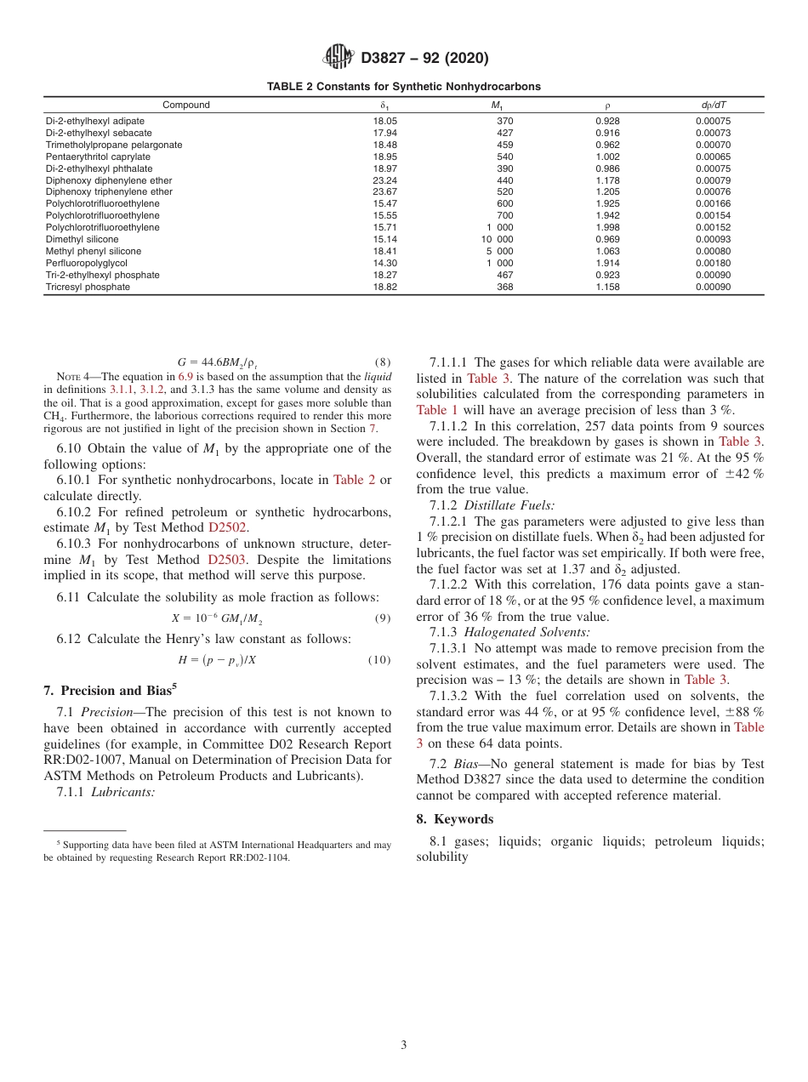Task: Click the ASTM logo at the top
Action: [339, 58]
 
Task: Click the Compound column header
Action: [186, 105]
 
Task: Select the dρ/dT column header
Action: [713, 105]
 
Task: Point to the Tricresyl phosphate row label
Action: [88, 288]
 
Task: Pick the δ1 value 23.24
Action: [385, 180]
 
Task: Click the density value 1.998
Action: [607, 228]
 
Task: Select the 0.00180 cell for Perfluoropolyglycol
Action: [713, 264]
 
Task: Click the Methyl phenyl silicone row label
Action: [94, 252]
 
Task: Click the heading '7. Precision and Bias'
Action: [109, 690]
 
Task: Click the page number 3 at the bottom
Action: [404, 1045]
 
